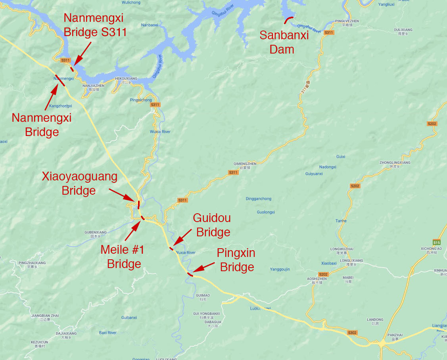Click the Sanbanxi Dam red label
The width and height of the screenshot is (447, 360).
click(x=284, y=42)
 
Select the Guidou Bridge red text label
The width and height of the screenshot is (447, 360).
click(x=212, y=225)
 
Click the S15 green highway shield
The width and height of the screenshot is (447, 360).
click(x=436, y=242)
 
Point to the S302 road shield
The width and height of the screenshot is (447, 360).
click(x=352, y=333)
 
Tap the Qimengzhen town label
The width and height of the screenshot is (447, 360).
click(x=245, y=164)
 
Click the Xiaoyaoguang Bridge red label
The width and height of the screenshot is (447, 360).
click(x=79, y=183)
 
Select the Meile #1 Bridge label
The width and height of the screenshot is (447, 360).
click(x=123, y=257)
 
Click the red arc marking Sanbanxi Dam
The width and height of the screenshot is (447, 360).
click(x=289, y=19)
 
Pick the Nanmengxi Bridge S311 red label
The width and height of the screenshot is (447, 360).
click(x=95, y=25)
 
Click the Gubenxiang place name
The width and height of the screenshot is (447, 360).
click(x=96, y=232)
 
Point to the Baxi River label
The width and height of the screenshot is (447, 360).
click(x=108, y=333)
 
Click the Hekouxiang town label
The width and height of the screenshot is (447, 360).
click(x=126, y=79)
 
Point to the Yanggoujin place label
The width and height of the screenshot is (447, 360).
click(x=280, y=269)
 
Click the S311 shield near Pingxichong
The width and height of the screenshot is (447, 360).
click(x=155, y=105)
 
